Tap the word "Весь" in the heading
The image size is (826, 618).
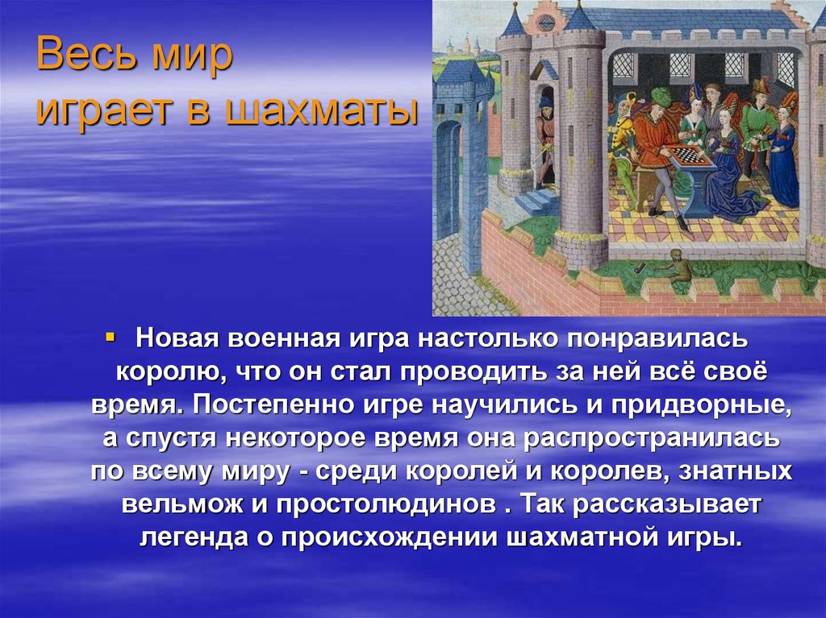[80, 61]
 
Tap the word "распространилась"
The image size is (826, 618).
[653, 438]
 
